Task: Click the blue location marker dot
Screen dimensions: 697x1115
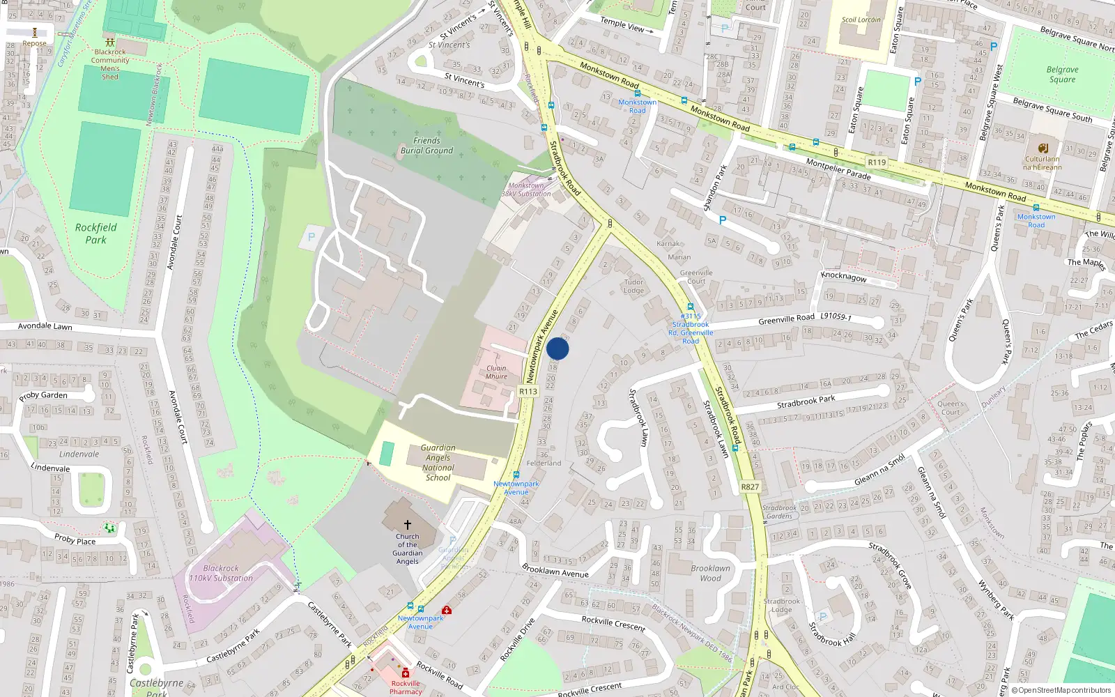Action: click(x=557, y=348)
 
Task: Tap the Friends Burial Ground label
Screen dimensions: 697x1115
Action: click(x=426, y=146)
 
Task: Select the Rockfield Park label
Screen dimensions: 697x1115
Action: click(x=96, y=233)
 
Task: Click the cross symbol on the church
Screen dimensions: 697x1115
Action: click(x=408, y=524)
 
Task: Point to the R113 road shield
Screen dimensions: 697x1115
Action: click(x=528, y=392)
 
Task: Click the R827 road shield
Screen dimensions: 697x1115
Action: click(x=750, y=487)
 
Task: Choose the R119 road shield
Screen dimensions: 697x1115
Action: click(x=877, y=162)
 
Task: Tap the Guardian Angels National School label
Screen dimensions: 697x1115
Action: click(x=438, y=463)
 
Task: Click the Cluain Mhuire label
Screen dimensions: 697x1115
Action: click(x=496, y=372)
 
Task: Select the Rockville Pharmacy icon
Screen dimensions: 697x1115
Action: click(x=406, y=673)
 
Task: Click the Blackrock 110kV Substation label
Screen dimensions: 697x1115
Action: click(x=221, y=573)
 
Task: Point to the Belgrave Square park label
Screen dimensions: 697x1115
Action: click(x=1062, y=75)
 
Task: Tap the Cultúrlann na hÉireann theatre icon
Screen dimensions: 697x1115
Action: click(x=1043, y=148)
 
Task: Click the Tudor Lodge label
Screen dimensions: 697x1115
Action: click(x=633, y=286)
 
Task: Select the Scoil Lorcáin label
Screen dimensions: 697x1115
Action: click(x=861, y=20)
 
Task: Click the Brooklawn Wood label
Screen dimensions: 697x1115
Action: click(x=710, y=573)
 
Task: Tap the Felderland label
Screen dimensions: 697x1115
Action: click(x=544, y=463)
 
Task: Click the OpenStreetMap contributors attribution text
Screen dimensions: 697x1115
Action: click(x=1064, y=690)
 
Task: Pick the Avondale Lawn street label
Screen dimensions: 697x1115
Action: click(x=45, y=325)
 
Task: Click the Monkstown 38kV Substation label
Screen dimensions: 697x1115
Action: click(x=526, y=190)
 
